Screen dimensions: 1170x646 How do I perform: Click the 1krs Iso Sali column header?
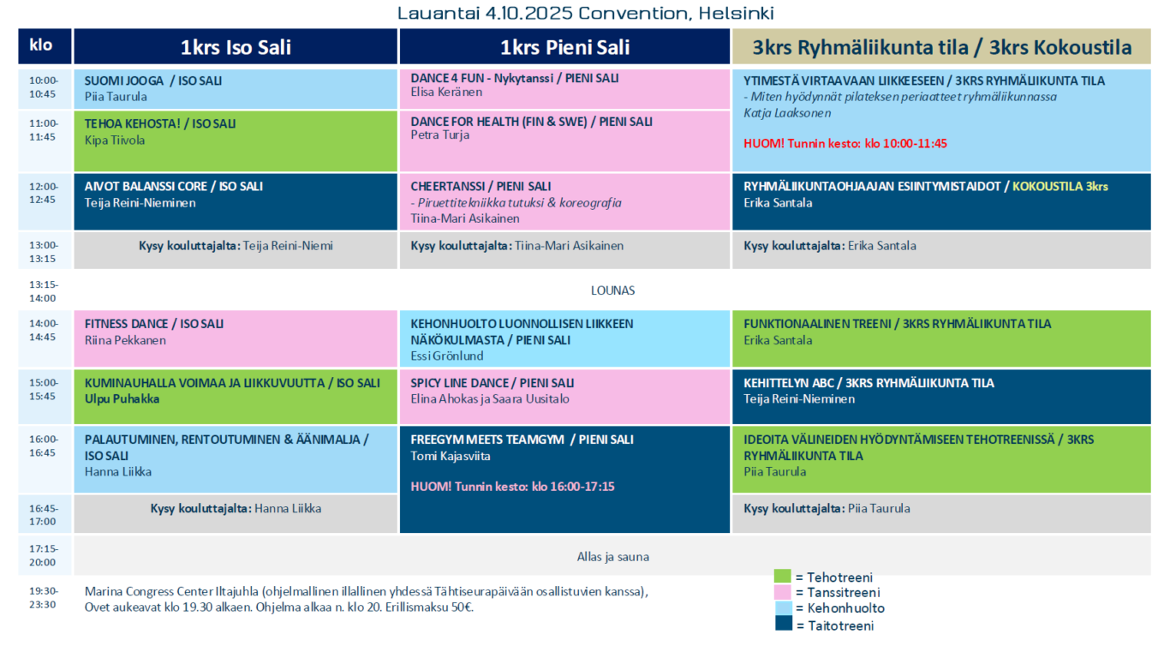tap(236, 47)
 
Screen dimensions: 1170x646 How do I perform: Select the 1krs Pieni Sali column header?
tap(564, 47)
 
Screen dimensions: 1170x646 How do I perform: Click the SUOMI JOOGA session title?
tap(153, 81)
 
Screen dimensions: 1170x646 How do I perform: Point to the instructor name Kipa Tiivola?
tap(115, 140)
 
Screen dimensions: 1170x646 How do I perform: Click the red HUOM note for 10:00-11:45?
tap(845, 143)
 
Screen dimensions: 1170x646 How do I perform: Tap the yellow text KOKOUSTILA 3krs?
tap(1060, 187)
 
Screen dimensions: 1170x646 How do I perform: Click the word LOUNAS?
tap(612, 290)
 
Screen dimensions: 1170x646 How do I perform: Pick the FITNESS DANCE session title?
tap(154, 324)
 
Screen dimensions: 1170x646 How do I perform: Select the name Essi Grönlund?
tap(447, 356)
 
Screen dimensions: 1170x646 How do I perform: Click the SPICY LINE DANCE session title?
tap(492, 383)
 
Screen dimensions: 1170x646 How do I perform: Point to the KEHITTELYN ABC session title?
tap(869, 383)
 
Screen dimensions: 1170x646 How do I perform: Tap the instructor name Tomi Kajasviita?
tap(451, 457)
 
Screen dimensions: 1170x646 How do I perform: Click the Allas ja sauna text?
tap(612, 557)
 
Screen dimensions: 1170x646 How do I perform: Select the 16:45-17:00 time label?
tap(43, 515)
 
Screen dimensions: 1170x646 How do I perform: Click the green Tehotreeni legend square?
tap(783, 576)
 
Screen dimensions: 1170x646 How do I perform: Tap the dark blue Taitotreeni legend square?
tap(784, 623)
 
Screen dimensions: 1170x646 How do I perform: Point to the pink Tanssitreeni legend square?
tap(783, 592)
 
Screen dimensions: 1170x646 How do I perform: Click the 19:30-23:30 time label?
tap(43, 598)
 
